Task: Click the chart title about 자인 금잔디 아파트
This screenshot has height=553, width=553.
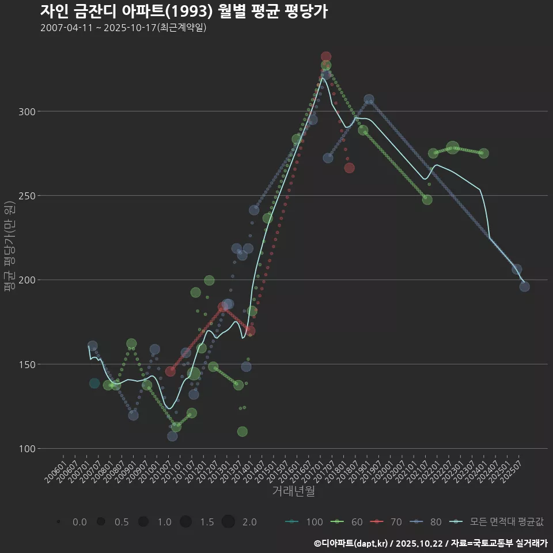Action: point(184,11)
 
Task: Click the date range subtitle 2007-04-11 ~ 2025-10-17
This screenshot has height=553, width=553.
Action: point(123,28)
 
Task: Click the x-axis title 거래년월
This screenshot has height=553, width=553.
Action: point(293,491)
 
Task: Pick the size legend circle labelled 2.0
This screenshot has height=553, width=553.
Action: point(228,522)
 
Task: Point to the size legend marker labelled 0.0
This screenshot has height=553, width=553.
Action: point(59,522)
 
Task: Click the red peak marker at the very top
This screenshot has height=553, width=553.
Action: point(326,57)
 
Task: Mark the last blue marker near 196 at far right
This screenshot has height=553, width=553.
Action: point(524,286)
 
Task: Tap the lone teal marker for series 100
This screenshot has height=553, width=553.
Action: point(94,383)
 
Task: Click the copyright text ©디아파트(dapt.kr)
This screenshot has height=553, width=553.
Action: point(351,543)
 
